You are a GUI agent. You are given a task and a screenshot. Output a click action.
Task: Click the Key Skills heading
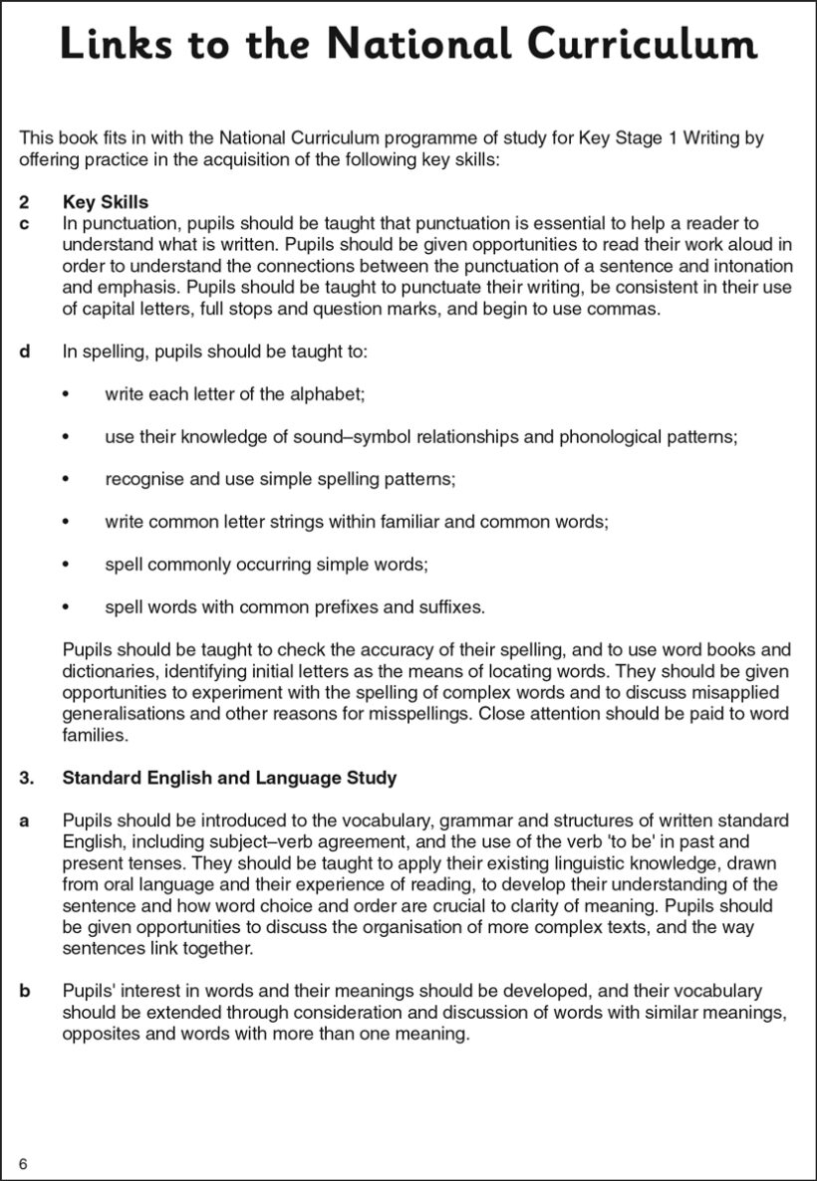[x=105, y=203]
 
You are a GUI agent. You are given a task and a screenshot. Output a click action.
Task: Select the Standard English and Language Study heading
[x=229, y=778]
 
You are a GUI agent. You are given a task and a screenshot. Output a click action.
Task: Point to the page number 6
[x=22, y=1164]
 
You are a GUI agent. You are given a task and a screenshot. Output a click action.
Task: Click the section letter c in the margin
[x=24, y=224]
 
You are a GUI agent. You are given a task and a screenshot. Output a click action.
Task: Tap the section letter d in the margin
[x=25, y=352]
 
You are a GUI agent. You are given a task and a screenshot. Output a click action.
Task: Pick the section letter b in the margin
[x=25, y=991]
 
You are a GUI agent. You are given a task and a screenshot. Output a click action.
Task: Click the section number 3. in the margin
[x=27, y=778]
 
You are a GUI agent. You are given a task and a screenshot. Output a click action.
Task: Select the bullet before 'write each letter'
[x=66, y=395]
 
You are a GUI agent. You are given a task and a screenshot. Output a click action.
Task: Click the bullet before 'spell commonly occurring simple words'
[x=66, y=565]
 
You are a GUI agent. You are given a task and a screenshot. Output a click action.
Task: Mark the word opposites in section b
[x=100, y=1034]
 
